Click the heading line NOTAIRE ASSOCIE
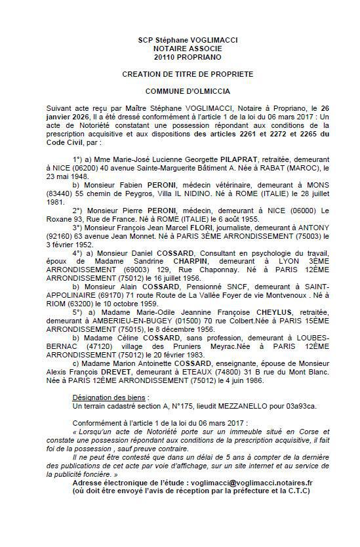click(x=188, y=48)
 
